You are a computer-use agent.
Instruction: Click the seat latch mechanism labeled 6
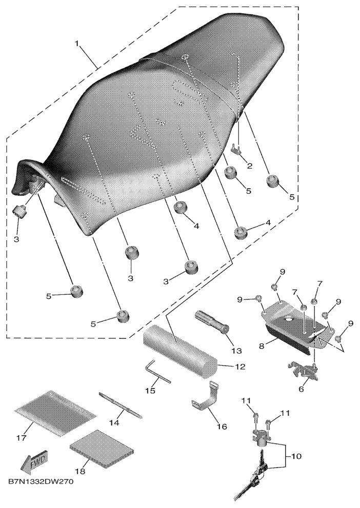(x=303, y=371)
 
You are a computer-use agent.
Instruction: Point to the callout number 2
(x=249, y=166)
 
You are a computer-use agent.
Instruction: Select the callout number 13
(x=236, y=351)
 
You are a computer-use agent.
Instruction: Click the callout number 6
(x=301, y=389)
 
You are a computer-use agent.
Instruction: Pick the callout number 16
(x=222, y=426)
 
